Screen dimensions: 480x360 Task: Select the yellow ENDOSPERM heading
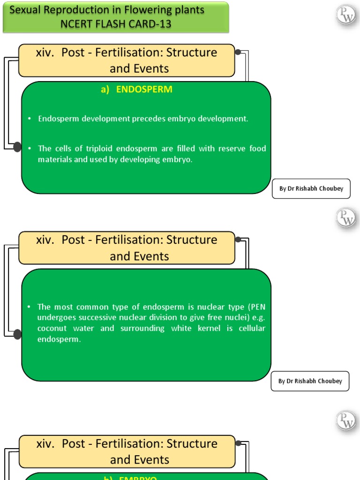(136, 90)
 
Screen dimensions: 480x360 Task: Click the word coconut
(52, 329)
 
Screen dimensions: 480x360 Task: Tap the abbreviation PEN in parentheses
(258, 307)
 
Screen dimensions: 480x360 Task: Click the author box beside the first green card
(311, 188)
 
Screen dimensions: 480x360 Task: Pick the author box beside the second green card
(310, 381)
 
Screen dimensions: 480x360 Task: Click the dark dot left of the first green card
(17, 147)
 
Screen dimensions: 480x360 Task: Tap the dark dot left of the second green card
(17, 334)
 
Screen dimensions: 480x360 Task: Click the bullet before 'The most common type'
(29, 307)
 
